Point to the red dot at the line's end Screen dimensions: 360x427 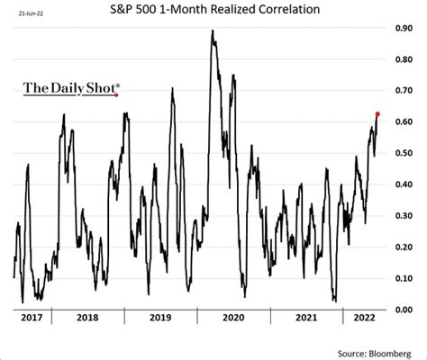coord(377,114)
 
